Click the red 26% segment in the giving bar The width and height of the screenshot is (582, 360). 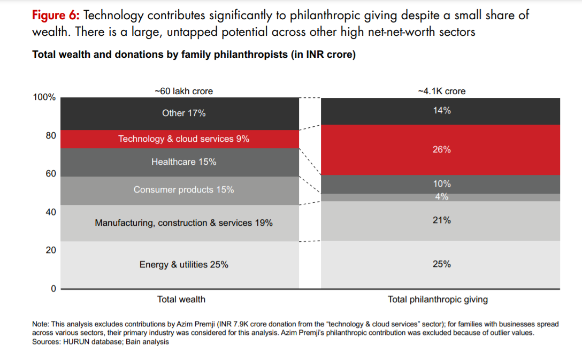tap(441, 150)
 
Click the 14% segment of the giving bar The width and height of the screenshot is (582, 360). tap(441, 111)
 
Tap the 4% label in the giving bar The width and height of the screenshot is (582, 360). tap(441, 197)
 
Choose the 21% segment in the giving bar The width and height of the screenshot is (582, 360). tap(441, 220)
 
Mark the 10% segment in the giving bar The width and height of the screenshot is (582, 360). tap(441, 184)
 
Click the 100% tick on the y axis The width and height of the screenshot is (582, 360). tap(44, 97)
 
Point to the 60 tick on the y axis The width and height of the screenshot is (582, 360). tap(50, 174)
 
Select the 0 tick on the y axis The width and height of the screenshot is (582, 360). tap(53, 289)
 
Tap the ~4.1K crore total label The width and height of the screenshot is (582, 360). tap(441, 91)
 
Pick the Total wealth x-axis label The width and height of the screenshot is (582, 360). tap(181, 300)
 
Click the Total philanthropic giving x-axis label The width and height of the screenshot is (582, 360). tap(438, 300)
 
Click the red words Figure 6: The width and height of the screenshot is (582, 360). tap(56, 15)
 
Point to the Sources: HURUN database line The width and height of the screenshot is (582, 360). tap(101, 342)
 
